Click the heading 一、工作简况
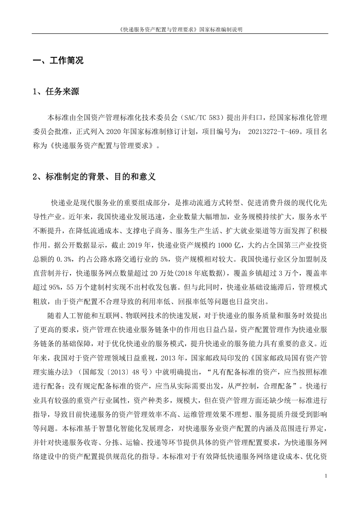58,61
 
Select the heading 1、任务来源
56,92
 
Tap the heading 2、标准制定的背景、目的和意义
94,177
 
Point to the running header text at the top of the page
180,29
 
